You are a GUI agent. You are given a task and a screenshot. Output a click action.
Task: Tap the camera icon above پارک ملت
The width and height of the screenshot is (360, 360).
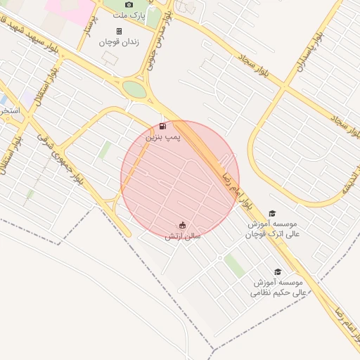(129, 5)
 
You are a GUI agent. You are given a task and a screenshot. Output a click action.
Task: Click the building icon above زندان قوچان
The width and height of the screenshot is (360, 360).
(119, 31)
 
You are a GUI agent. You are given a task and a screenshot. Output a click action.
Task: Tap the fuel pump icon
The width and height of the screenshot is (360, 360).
(163, 127)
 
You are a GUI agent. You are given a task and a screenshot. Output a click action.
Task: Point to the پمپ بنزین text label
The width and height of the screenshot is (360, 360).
(163, 137)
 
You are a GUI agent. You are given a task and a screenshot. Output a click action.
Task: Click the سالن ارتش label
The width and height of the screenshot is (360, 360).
(183, 236)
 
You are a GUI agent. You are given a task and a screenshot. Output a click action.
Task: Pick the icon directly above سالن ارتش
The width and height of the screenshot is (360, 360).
(183, 225)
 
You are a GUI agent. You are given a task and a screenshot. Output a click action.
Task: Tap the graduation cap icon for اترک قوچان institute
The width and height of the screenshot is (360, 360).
(272, 213)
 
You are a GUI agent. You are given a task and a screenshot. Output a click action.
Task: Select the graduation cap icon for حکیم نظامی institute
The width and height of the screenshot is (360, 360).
(278, 271)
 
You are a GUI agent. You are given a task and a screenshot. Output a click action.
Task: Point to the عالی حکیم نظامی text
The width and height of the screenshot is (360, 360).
(278, 291)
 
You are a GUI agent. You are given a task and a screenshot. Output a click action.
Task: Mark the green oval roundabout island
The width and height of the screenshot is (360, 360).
(134, 89)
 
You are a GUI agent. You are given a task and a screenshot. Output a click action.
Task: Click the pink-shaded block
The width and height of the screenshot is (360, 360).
(70, 11)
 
